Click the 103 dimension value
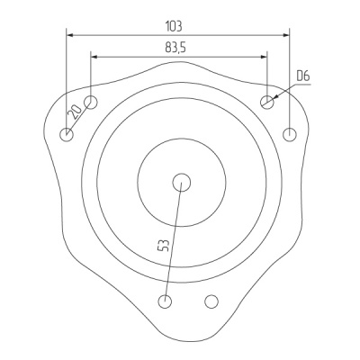pyautogui.click(x=174, y=26)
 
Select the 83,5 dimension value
pyautogui.click(x=175, y=48)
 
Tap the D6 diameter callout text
pyautogui.click(x=302, y=76)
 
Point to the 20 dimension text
pyautogui.click(x=75, y=112)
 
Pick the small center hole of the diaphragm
pyautogui.click(x=182, y=182)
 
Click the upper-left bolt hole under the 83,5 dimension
pyautogui.click(x=91, y=102)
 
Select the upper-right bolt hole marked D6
pyautogui.click(x=267, y=102)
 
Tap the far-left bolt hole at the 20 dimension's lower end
pyautogui.click(x=67, y=135)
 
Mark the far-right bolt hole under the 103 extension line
pyautogui.click(x=290, y=134)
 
